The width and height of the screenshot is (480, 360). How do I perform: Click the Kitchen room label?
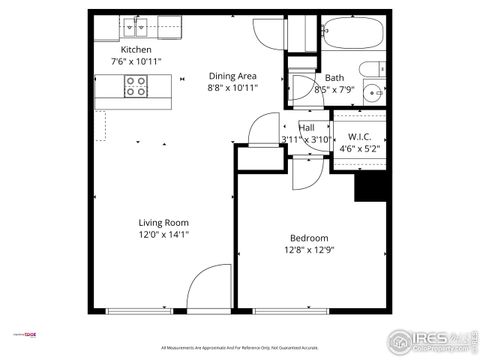[x=136, y=49]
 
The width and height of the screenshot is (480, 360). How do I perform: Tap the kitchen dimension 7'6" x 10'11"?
[x=136, y=61]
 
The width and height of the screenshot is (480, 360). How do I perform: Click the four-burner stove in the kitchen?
[x=136, y=89]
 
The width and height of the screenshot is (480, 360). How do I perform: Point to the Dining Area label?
[x=233, y=75]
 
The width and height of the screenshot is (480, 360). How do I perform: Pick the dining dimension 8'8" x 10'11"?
[x=233, y=88]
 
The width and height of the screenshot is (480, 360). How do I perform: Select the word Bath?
[x=334, y=78]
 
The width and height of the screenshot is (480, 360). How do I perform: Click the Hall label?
[x=307, y=127]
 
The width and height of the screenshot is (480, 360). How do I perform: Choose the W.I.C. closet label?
[x=360, y=137]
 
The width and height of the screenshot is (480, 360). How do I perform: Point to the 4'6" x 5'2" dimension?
[x=360, y=150]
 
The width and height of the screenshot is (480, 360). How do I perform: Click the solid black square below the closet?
[x=372, y=186]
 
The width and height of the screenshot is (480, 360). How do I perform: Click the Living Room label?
[x=164, y=223]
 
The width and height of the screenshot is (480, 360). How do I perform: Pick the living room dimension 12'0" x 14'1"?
[x=164, y=235]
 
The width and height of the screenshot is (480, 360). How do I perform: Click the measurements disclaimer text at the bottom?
[x=240, y=348]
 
